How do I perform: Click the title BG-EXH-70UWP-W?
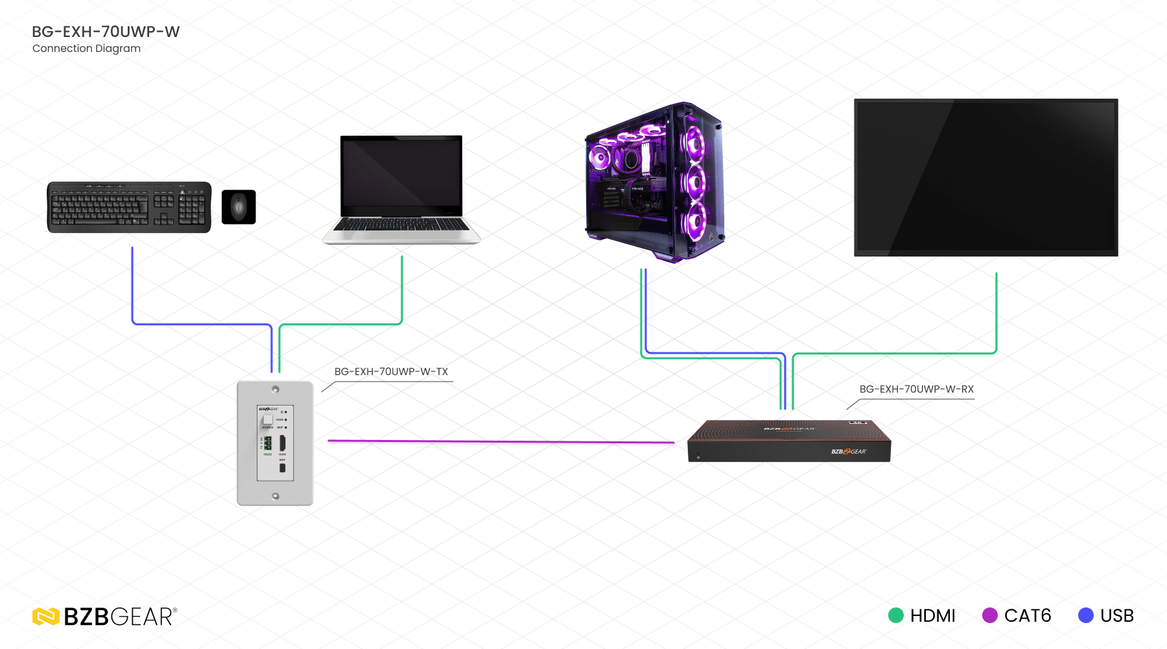106,32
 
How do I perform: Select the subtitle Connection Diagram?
86,49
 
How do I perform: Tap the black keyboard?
129,207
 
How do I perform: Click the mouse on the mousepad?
239,207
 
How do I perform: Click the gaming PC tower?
655,182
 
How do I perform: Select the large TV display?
985,177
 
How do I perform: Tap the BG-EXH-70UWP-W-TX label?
391,372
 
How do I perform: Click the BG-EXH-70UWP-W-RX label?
916,389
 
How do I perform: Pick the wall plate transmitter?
275,443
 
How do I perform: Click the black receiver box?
789,441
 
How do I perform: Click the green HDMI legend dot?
896,615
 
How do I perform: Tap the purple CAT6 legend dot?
990,615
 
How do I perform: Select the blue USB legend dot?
1086,615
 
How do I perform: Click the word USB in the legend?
1117,615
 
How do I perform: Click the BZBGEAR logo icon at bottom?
46,617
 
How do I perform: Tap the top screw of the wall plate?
276,389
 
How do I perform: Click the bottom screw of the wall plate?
276,496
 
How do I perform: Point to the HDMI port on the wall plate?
283,443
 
